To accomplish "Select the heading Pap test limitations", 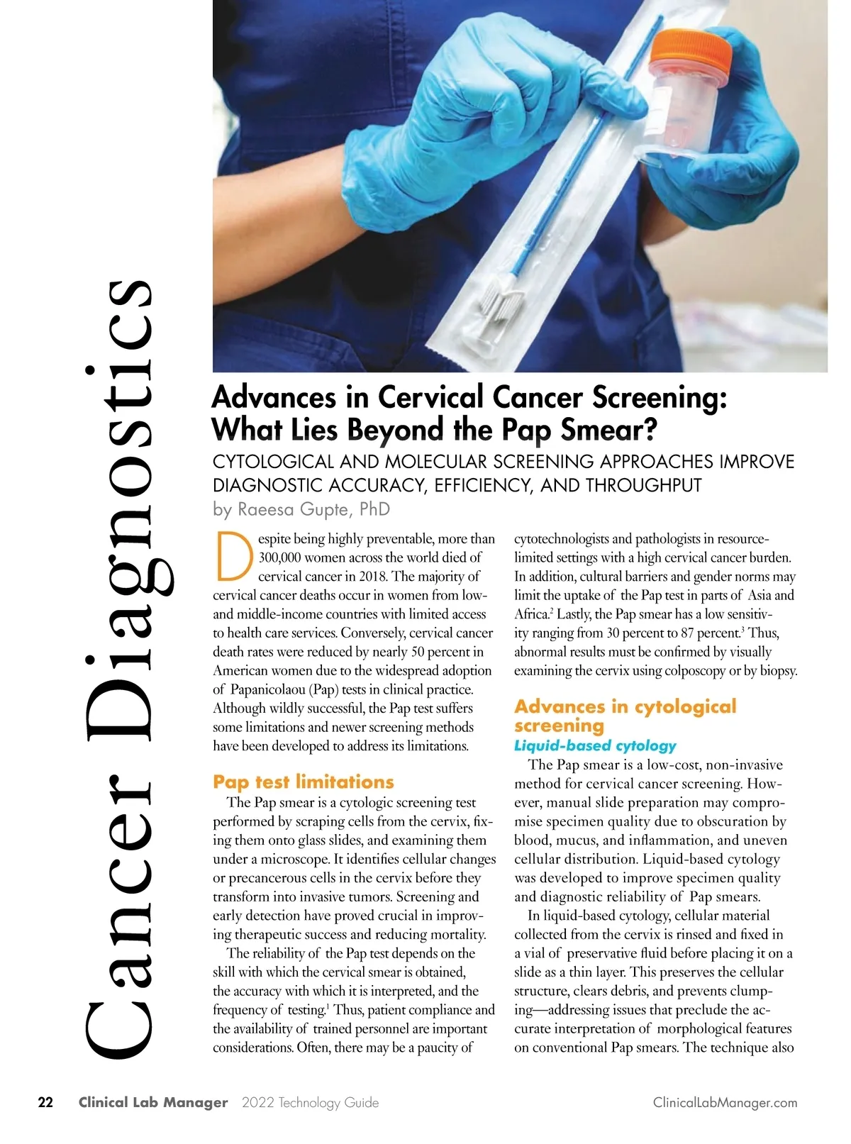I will coord(303,782).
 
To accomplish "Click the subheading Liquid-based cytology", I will coord(595,745).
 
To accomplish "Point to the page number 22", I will coord(45,1102).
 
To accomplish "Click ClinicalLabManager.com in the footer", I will coord(725,1103).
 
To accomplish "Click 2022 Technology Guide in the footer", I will coord(310,1103).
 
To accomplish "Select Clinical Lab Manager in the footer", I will coord(153,1103).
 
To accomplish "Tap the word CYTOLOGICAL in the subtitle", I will coord(273,462).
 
